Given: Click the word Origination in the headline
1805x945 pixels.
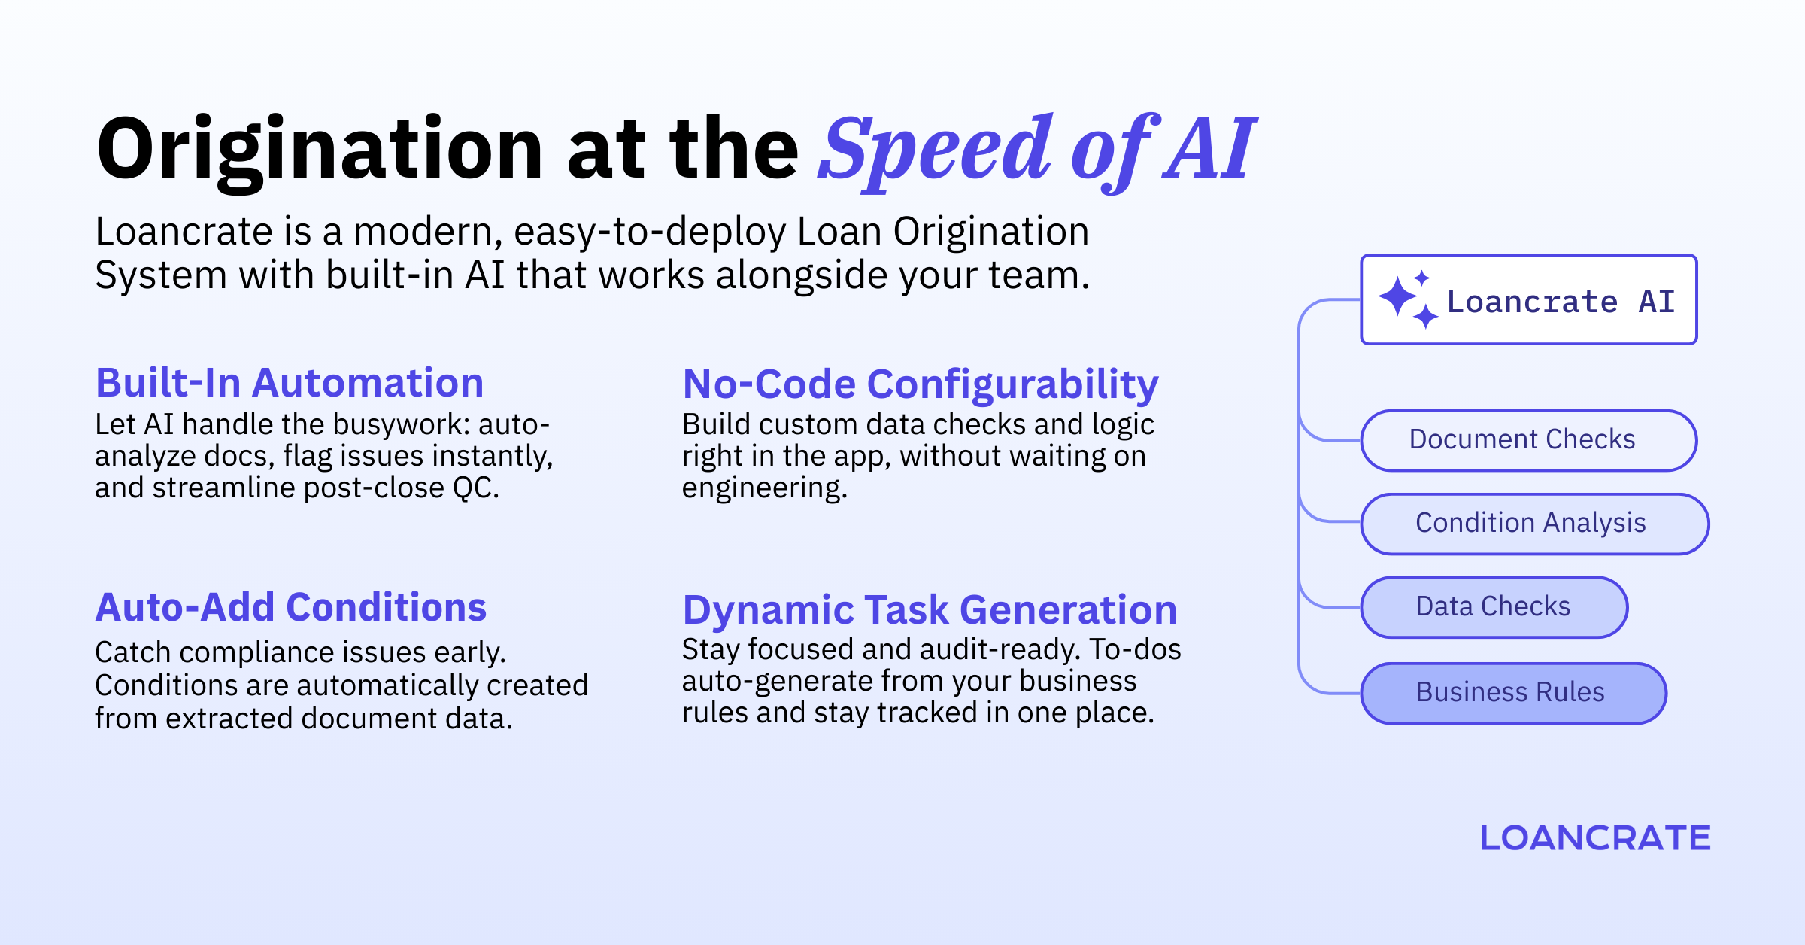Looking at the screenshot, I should (x=320, y=150).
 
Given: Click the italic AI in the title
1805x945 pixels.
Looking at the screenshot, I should (x=1209, y=150).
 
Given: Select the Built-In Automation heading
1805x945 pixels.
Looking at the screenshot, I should (x=290, y=383).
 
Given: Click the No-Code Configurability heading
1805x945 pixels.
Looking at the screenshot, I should (x=920, y=384).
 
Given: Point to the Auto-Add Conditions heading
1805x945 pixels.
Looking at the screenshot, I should (x=290, y=607).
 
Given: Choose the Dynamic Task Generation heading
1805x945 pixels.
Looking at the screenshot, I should (x=930, y=609).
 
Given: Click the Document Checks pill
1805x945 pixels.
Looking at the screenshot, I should (x=1528, y=440).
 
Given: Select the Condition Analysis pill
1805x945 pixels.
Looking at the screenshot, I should (x=1534, y=524).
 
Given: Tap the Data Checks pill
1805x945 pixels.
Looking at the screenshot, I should (x=1494, y=607).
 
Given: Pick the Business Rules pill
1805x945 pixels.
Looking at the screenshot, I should (x=1513, y=693).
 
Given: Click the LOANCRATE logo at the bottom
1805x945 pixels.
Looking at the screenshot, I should (x=1595, y=838).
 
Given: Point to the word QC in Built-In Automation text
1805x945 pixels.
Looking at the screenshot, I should (x=474, y=488).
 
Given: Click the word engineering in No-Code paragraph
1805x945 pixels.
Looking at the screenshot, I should (x=763, y=488).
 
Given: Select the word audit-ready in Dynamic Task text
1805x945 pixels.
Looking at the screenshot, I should (x=1000, y=649).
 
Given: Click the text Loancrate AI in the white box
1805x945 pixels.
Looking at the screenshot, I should (x=1561, y=302).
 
